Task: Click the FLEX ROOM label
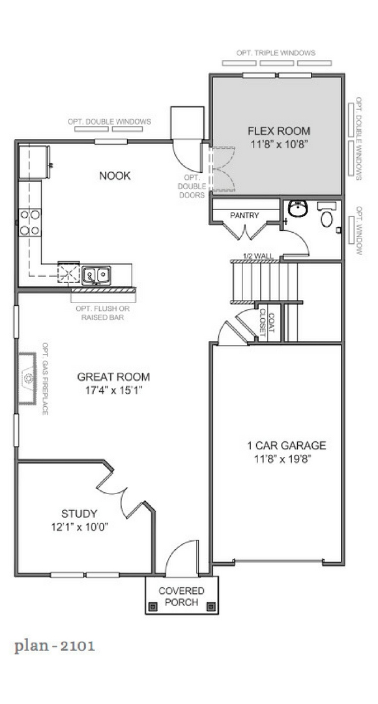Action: click(x=279, y=131)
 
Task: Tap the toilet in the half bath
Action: click(x=327, y=216)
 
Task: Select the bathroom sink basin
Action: click(x=298, y=209)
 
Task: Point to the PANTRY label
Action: click(x=244, y=216)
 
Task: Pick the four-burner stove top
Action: click(x=30, y=223)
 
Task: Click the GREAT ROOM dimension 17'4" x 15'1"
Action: click(x=113, y=390)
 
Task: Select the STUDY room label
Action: click(x=79, y=514)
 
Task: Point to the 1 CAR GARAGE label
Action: click(x=286, y=445)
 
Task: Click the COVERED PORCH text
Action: click(x=181, y=596)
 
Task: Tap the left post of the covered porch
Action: click(x=153, y=607)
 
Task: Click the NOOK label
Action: click(x=115, y=175)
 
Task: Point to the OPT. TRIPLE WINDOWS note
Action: click(x=276, y=53)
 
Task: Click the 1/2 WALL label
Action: click(x=257, y=256)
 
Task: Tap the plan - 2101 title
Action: click(x=55, y=646)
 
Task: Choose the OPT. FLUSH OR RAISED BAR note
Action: click(x=103, y=313)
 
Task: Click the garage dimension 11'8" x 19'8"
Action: click(x=286, y=459)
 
